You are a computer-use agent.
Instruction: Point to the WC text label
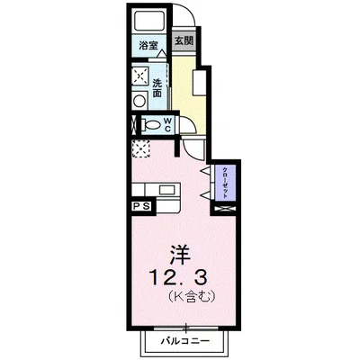coord(168,125)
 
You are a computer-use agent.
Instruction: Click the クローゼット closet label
coord(226,183)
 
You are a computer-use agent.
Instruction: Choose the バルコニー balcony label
coord(185,343)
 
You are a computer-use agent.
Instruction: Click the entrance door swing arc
coord(185,18)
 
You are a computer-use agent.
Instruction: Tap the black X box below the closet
coord(226,210)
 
